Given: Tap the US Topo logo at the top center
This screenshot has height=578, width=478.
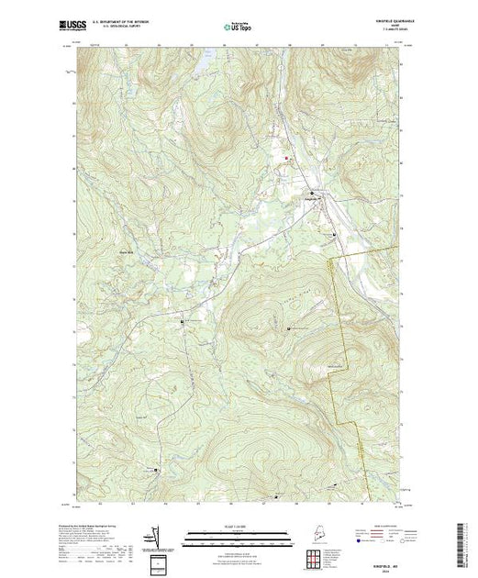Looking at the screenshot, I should pyautogui.click(x=238, y=27).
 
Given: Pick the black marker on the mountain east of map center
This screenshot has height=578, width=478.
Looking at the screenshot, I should pyautogui.click(x=290, y=329).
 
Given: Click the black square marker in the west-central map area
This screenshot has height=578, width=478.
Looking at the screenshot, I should pyautogui.click(x=182, y=321).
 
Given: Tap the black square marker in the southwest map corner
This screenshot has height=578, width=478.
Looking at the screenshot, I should pyautogui.click(x=154, y=472).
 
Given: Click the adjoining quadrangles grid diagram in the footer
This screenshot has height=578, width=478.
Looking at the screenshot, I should pyautogui.click(x=160, y=561).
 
